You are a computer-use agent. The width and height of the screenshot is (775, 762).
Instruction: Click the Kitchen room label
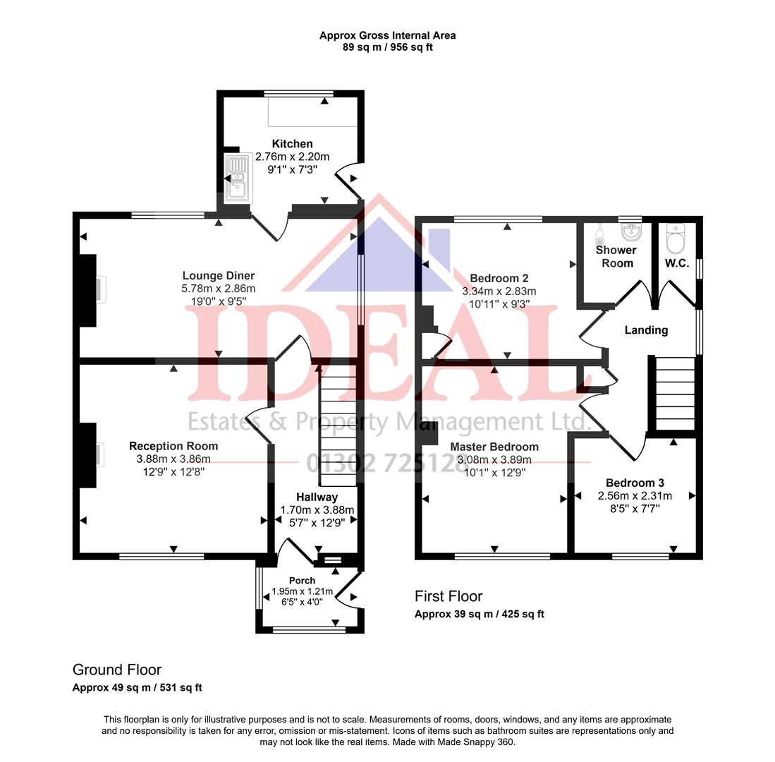(292, 144)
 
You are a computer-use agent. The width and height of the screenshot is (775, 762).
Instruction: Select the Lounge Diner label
(218, 276)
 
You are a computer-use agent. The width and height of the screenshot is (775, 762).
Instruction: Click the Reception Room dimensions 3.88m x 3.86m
(173, 459)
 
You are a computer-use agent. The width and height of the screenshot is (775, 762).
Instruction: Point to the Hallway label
(317, 497)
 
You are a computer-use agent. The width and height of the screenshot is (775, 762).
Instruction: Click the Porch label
(302, 581)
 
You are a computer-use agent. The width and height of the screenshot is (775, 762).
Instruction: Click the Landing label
(646, 329)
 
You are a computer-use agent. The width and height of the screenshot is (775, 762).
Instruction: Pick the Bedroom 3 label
(635, 483)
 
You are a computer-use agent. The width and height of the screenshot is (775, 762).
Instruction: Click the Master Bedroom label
(494, 447)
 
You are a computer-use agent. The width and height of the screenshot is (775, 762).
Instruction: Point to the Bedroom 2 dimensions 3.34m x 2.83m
(499, 291)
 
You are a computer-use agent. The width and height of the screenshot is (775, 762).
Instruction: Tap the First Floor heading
(448, 596)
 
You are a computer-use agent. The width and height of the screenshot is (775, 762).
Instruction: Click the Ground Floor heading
(117, 670)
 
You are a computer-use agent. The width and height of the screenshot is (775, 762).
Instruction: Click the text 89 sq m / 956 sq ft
(387, 47)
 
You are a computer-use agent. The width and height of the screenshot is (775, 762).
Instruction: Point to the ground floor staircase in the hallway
(338, 430)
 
